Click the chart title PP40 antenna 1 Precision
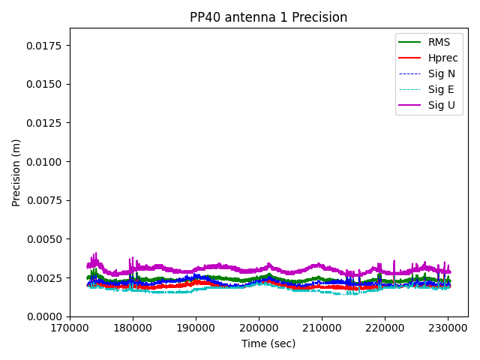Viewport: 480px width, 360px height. [x=268, y=17]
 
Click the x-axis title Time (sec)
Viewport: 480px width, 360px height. [x=268, y=343]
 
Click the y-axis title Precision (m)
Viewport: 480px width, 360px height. [x=16, y=172]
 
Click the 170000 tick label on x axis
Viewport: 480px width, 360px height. [x=70, y=328]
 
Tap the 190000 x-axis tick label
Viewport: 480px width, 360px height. [x=196, y=328]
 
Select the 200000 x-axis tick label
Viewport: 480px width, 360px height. [x=259, y=328]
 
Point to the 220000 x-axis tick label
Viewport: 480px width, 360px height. [x=385, y=328]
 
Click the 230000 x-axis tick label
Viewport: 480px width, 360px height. [x=448, y=328]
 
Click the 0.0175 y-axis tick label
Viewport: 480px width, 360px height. [x=46, y=45]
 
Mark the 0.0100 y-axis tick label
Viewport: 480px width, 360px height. [x=46, y=161]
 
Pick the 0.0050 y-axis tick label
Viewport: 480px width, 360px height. [x=46, y=239]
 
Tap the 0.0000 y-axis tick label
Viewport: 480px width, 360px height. [x=46, y=316]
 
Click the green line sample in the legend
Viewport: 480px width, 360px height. [x=409, y=42]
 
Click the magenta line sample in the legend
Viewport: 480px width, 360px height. [x=409, y=105]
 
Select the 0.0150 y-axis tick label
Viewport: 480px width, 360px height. [x=46, y=84]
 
